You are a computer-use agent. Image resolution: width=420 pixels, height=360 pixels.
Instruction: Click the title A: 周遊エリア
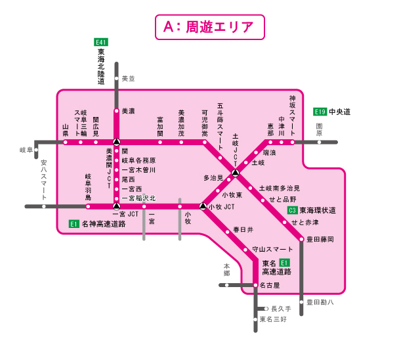[x=210, y=27]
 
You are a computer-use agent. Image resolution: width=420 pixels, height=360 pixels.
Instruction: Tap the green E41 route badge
[x=101, y=42]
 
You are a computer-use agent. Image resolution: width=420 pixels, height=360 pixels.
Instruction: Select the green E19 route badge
[x=320, y=112]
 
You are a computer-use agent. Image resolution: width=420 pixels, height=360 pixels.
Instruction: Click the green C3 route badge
[x=293, y=210]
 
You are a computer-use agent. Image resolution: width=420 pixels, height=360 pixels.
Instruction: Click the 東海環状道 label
[x=318, y=211]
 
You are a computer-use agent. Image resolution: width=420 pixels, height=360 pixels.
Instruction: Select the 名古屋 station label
[x=270, y=285]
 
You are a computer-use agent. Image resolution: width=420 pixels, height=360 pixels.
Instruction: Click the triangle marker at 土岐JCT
[x=235, y=173]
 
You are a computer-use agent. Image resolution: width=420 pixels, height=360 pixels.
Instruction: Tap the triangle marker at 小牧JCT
[x=203, y=206]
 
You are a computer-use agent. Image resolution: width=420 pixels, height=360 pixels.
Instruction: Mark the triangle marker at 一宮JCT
[x=116, y=206]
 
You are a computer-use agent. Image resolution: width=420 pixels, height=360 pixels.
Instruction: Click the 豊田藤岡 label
[x=321, y=239]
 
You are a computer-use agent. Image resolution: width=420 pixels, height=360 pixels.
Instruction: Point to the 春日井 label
[x=243, y=230]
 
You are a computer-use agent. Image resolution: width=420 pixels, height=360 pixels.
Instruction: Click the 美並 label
[x=127, y=78]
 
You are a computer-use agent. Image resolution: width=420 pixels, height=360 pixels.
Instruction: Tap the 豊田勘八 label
[x=322, y=302]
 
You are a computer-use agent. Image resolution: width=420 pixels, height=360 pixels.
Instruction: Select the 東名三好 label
[x=273, y=319]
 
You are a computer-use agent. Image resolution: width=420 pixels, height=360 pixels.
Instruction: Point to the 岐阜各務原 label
[x=138, y=160]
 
